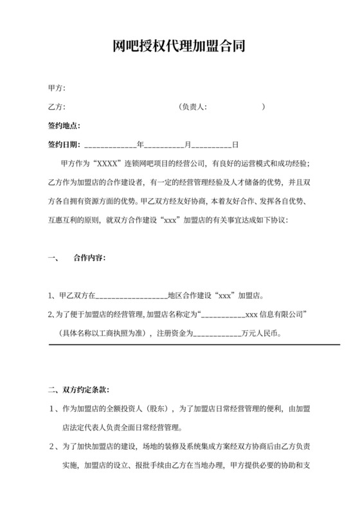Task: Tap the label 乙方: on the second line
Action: tap(57, 107)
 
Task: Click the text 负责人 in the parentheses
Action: tap(195, 107)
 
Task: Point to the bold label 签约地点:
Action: tap(64, 125)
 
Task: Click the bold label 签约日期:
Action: tap(64, 145)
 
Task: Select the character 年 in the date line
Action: tap(139, 145)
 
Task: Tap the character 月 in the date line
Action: tap(188, 145)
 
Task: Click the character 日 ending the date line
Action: tap(235, 145)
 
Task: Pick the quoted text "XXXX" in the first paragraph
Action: tap(106, 163)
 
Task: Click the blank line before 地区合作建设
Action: tap(131, 296)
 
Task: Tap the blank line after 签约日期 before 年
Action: tap(109, 145)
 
